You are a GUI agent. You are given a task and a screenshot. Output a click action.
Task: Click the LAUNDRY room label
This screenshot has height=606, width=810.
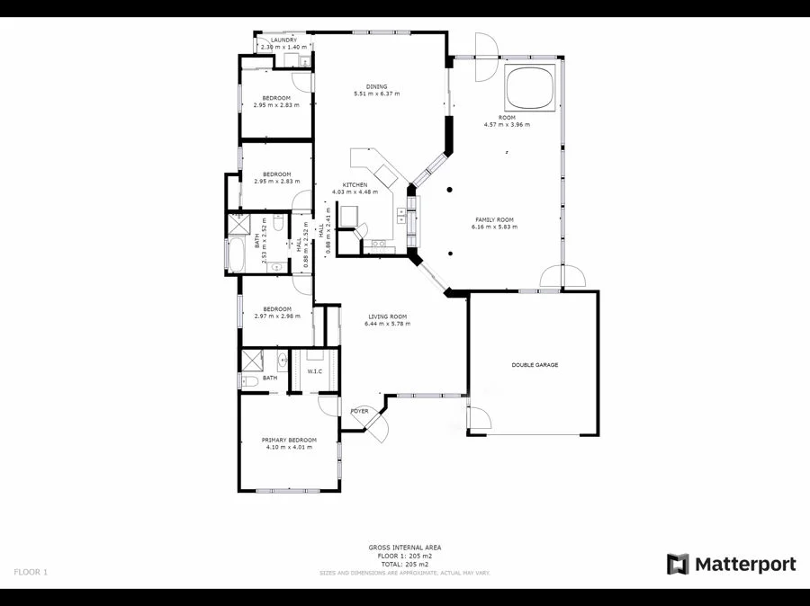tap(284, 40)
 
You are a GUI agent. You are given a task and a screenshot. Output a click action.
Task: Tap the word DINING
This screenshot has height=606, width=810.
tap(377, 86)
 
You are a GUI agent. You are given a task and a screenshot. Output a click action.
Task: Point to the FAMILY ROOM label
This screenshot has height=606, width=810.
tap(494, 219)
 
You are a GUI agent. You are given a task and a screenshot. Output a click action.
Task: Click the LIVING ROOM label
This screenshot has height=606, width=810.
tap(387, 316)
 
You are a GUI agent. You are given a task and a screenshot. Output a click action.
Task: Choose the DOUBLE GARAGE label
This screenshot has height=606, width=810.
tap(535, 365)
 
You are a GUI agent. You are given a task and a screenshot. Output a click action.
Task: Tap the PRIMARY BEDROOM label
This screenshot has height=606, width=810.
tap(289, 440)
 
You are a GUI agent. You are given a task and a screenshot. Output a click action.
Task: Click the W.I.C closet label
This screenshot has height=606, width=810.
tap(315, 371)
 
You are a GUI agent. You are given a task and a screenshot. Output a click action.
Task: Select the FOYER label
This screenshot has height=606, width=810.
tap(360, 411)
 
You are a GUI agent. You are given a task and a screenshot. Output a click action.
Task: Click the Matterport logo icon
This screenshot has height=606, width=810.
tap(678, 565)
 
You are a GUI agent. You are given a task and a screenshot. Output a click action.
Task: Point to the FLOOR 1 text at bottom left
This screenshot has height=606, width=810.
tap(31, 572)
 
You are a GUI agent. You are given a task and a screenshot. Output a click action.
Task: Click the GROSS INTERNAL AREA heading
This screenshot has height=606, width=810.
tap(404, 548)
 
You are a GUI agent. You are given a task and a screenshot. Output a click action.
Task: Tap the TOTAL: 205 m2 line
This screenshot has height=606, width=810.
tap(404, 564)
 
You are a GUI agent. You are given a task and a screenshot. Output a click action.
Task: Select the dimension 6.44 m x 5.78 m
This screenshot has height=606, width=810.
tap(387, 324)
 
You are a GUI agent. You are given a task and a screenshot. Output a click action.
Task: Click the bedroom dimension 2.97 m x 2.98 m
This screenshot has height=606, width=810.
tap(276, 316)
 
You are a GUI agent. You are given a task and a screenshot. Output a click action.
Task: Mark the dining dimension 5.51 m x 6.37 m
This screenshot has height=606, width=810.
tap(377, 94)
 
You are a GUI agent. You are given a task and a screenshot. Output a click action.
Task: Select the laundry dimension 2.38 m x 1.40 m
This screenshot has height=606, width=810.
tap(284, 47)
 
